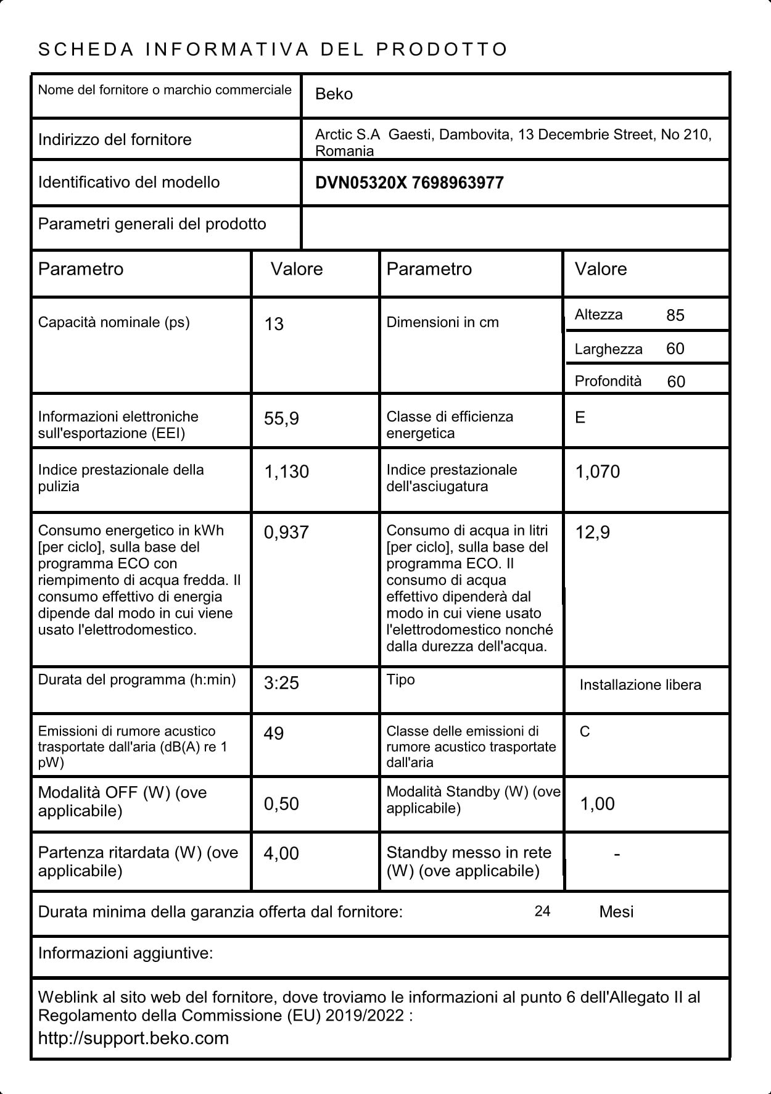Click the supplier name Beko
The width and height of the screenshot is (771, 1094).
334,94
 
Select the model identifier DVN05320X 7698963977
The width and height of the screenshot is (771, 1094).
409,183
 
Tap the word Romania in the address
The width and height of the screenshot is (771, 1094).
344,151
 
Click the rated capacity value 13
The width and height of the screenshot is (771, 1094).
274,324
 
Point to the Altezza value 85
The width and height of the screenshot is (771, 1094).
675,315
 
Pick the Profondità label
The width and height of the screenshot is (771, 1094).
608,381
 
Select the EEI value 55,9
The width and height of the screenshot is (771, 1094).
281,419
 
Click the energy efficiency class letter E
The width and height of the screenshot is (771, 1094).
580,418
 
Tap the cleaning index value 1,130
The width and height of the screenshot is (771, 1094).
286,472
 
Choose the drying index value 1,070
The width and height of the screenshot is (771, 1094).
597,472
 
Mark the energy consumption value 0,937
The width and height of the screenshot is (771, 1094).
286,532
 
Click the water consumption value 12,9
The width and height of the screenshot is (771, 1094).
592,532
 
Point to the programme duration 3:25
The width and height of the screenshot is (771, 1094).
281,683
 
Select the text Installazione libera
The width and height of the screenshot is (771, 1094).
640,685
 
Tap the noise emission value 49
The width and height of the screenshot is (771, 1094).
273,734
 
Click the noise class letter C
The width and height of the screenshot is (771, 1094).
585,732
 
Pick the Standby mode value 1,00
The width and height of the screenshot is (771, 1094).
597,804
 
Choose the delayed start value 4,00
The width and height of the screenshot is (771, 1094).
281,853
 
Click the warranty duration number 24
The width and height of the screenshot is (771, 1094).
542,911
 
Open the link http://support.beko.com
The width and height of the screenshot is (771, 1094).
133,1038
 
